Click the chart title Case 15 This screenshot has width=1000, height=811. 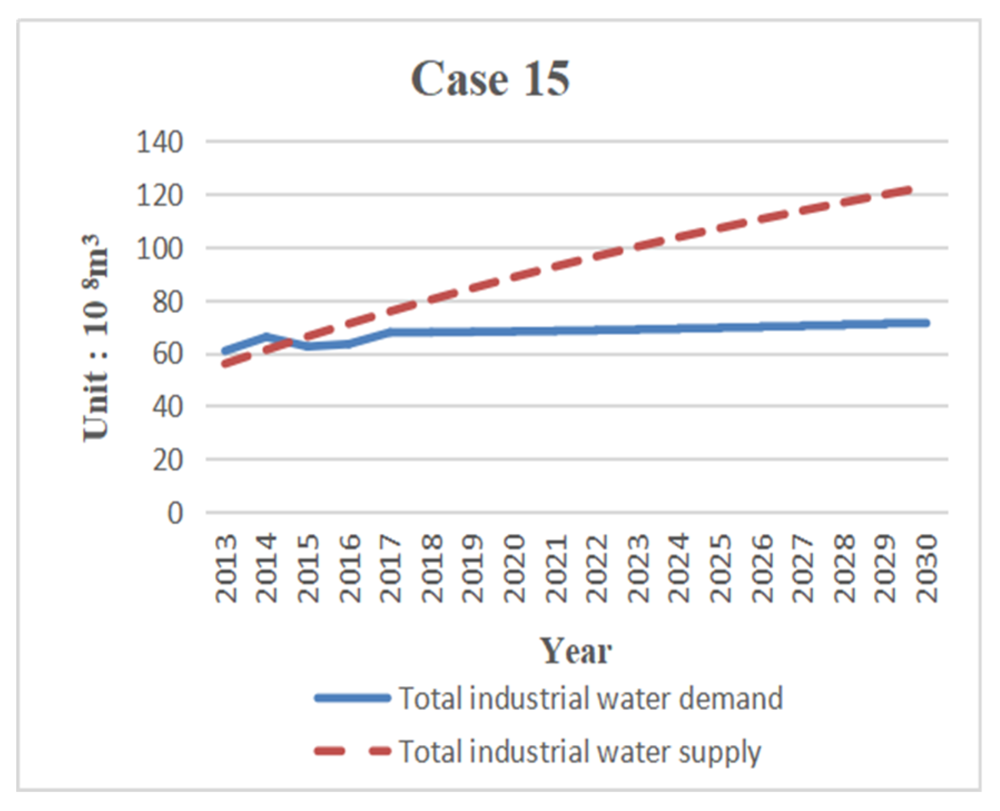point(490,79)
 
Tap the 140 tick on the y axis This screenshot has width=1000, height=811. point(160,142)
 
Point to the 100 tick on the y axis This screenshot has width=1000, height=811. point(160,249)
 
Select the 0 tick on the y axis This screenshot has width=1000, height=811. point(175,513)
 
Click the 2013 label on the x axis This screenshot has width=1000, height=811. point(226,568)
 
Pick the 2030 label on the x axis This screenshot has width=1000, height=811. point(927,568)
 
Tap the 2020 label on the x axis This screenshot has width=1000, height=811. point(514,568)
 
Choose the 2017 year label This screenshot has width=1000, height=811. point(390,568)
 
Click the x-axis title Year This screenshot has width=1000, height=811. point(576,651)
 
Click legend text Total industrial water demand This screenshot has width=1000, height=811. point(591,699)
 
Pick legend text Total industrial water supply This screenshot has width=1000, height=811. point(580,752)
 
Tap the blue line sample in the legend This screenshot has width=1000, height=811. point(352,699)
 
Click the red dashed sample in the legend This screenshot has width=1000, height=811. point(352,752)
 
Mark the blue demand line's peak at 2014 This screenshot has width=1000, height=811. point(267,336)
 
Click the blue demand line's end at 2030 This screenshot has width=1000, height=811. point(926,323)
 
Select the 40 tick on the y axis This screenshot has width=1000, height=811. point(167,407)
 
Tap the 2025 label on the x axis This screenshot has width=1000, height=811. point(721,568)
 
